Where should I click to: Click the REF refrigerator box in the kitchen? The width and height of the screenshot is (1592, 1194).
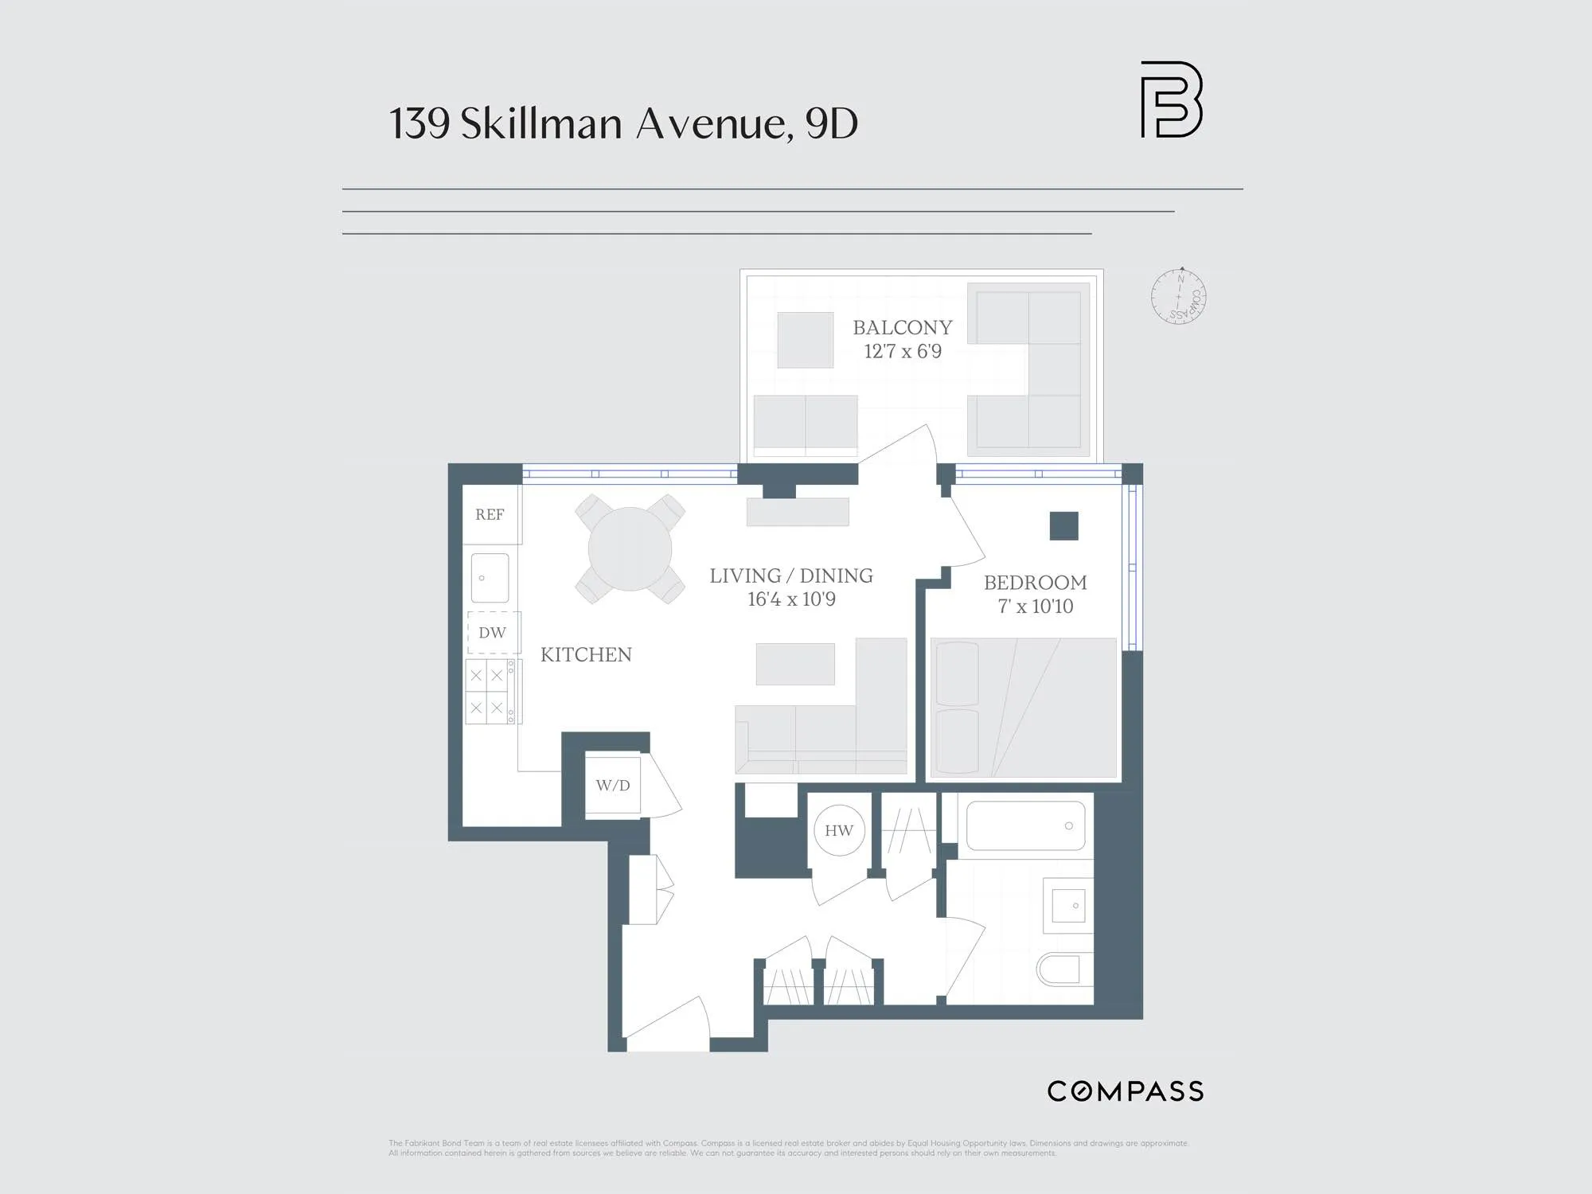tap(490, 514)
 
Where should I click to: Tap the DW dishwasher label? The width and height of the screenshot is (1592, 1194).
tap(492, 633)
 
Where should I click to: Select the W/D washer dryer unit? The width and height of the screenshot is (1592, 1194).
tap(613, 786)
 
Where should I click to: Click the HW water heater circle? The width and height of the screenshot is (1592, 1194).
tap(839, 831)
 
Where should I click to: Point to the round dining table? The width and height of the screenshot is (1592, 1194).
tap(630, 549)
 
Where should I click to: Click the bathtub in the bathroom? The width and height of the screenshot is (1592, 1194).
tap(1025, 826)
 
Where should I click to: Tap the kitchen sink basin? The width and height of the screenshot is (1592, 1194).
tap(490, 578)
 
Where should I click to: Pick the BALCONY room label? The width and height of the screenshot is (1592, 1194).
tap(902, 328)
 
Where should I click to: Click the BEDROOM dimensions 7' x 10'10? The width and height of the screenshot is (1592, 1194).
tap(1035, 607)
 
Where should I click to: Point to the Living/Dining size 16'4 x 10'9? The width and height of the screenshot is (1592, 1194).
tap(791, 599)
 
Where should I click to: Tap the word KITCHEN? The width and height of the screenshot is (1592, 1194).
tap(586, 655)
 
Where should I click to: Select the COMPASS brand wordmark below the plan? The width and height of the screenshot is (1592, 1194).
tap(1125, 1091)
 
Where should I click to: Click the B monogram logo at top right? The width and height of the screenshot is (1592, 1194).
tap(1171, 99)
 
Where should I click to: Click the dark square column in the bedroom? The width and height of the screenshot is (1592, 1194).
tap(1063, 526)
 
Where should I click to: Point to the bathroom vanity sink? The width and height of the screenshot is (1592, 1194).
tap(1067, 906)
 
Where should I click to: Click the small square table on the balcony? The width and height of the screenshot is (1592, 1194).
tap(805, 340)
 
